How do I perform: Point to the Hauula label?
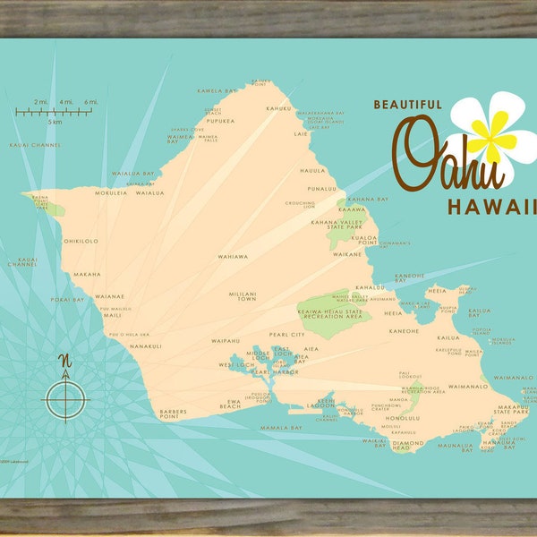pyautogui.click(x=311, y=171)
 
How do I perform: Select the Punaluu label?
pyautogui.click(x=321, y=189)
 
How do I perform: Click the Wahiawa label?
pyautogui.click(x=233, y=257)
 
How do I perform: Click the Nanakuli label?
pyautogui.click(x=145, y=345)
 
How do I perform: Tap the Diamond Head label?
pyautogui.click(x=409, y=445)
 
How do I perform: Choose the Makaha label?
pyautogui.click(x=87, y=275)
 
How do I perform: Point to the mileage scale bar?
pyautogui.click(x=55, y=113)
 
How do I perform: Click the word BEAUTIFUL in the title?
pyautogui.click(x=407, y=105)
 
